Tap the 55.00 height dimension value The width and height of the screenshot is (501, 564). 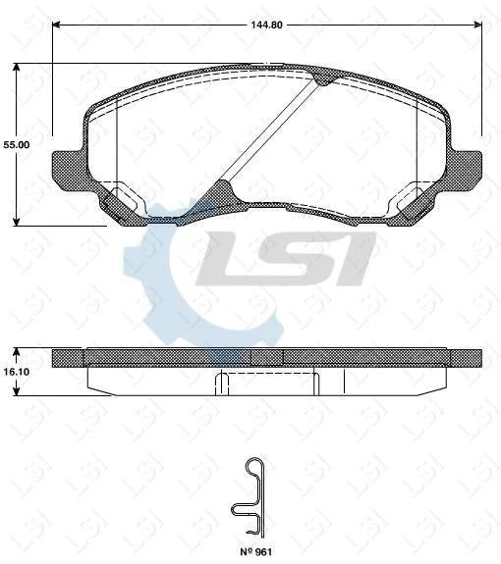coord(17,144)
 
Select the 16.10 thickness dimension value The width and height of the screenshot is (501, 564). coord(17,373)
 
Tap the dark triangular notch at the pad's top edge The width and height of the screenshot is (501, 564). coord(322,77)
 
